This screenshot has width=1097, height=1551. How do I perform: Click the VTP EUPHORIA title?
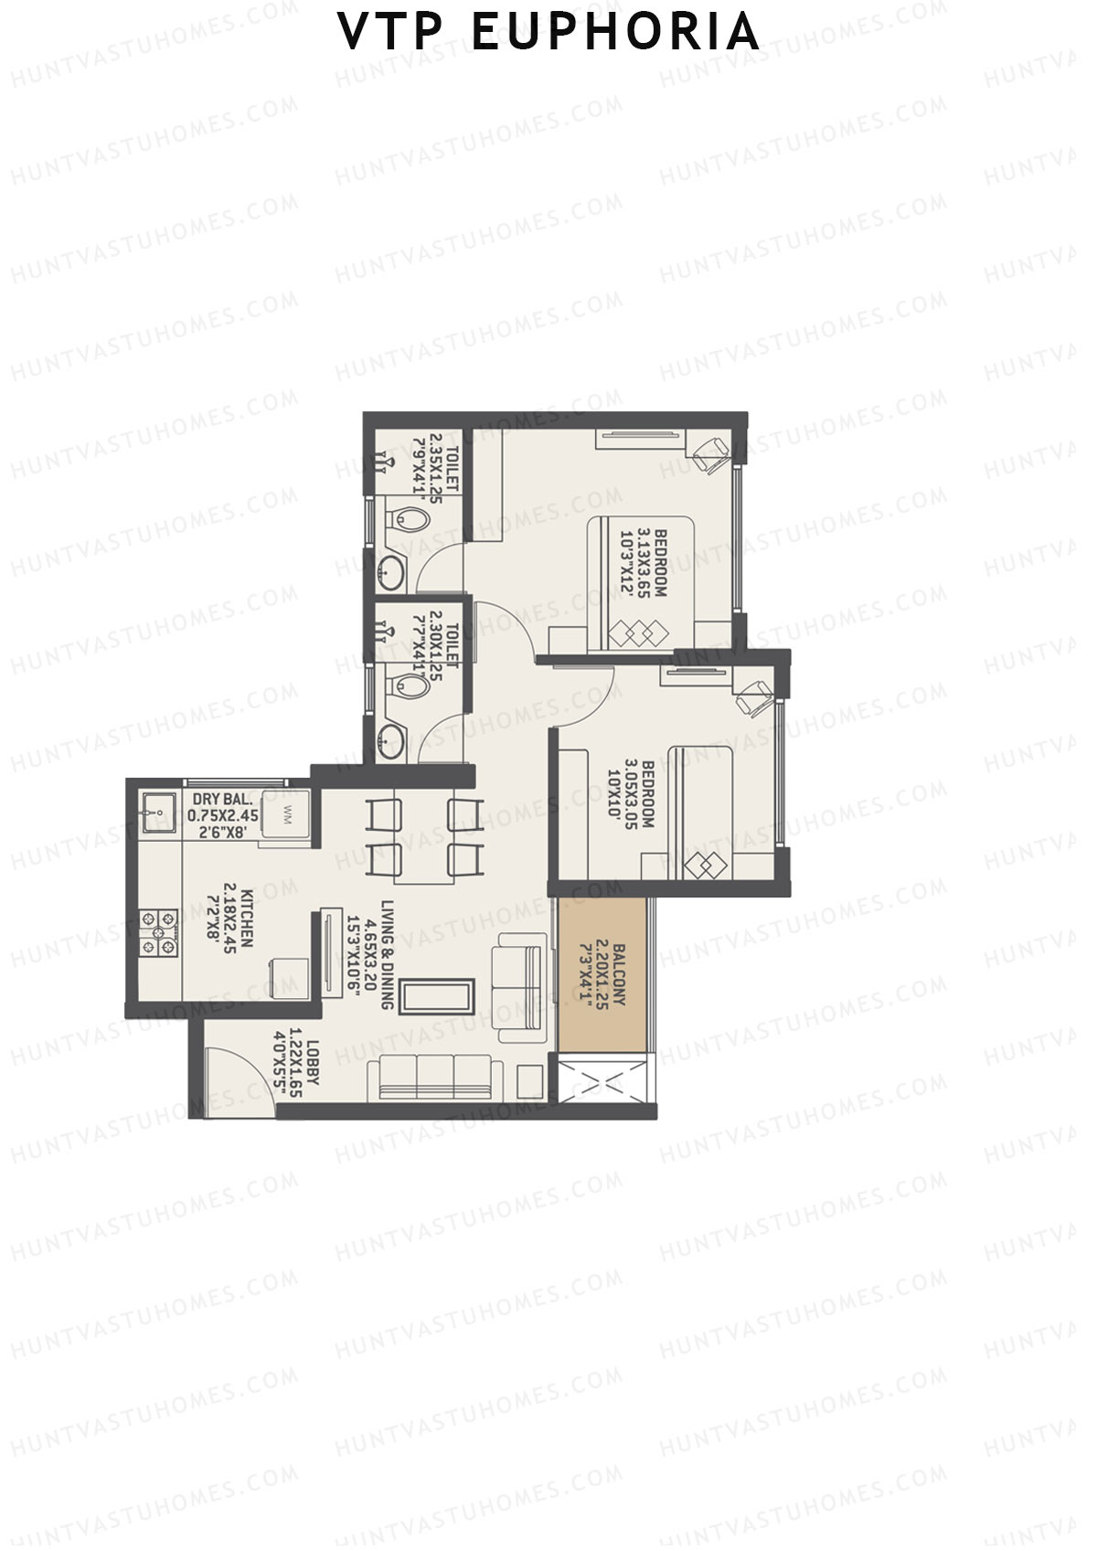[x=548, y=32]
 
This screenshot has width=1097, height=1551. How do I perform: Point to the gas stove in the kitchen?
[x=159, y=933]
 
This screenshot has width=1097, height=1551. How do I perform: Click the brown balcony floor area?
[x=605, y=975]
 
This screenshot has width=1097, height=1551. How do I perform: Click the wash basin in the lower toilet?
[x=395, y=738]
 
